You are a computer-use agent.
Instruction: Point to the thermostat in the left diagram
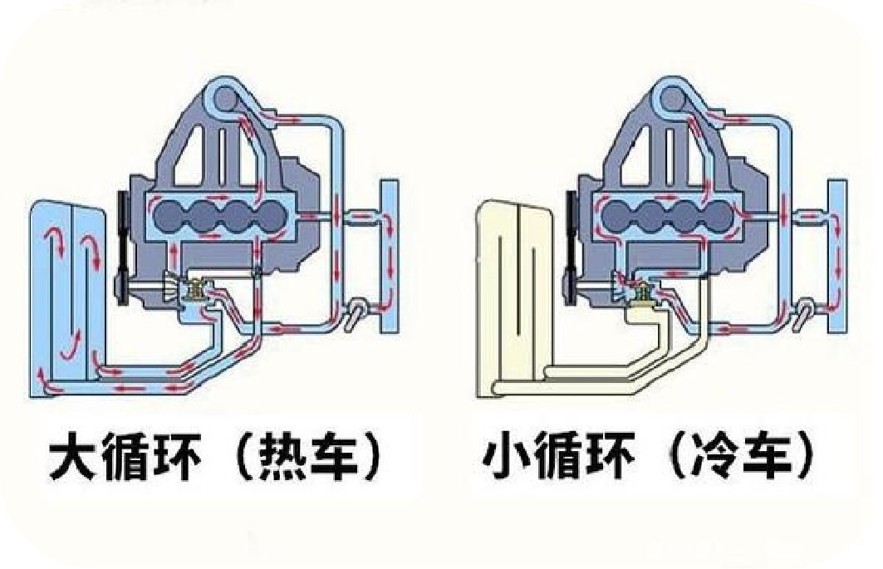pos(198,292)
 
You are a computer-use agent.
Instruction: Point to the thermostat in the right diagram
pos(644,292)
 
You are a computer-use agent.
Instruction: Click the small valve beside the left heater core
pos(356,312)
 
